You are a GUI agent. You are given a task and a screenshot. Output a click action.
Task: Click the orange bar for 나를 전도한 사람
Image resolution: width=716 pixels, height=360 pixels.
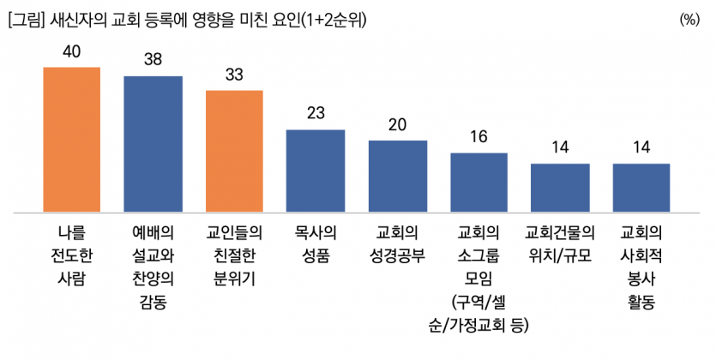click(x=71, y=139)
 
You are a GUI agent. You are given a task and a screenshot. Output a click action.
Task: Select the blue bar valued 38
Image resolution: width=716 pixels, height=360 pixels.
click(x=153, y=143)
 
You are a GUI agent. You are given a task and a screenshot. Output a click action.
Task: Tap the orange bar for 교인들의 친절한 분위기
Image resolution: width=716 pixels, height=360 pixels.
click(x=234, y=151)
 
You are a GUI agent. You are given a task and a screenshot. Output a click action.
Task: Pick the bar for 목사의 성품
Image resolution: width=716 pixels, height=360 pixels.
click(x=315, y=171)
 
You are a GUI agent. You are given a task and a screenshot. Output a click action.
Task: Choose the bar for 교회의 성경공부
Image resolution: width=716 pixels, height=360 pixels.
click(x=397, y=176)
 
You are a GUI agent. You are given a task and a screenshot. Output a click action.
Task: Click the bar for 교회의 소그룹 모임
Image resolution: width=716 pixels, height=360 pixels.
click(x=478, y=182)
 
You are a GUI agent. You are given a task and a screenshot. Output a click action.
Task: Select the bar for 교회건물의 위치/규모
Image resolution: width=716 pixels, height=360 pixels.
click(x=560, y=187)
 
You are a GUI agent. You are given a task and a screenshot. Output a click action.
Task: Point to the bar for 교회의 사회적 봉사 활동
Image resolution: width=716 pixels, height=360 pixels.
click(x=641, y=187)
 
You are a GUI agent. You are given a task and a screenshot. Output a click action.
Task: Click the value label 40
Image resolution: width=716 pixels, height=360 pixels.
click(x=72, y=52)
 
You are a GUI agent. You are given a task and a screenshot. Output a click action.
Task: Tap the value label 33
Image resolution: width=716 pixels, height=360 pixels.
click(x=234, y=75)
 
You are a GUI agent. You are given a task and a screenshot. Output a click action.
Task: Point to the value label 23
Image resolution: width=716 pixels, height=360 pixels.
click(x=316, y=114)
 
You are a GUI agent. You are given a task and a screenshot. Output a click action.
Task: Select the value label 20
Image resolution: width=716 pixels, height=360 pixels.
click(x=397, y=124)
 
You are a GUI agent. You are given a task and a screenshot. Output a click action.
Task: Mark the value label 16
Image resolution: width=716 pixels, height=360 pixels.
click(x=478, y=137)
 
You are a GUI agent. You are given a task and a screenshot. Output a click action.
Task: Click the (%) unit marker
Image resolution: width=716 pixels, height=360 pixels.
click(x=689, y=19)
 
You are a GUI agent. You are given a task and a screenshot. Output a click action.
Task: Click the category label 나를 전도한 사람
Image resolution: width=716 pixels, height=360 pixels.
click(x=72, y=255)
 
